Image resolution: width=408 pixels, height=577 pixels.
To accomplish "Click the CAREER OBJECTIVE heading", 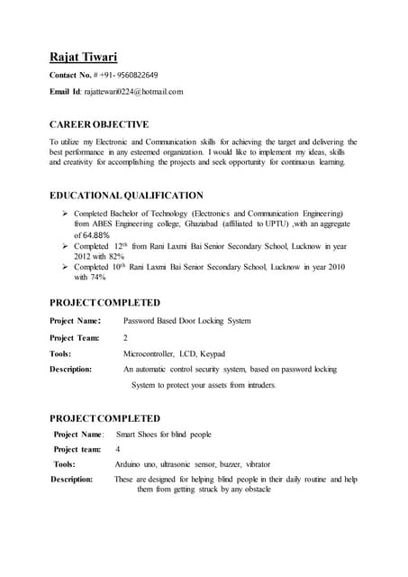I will (99, 124).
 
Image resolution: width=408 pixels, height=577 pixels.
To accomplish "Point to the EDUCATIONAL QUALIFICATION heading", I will (126, 195).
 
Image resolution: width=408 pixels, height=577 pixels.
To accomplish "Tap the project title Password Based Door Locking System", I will (186, 321).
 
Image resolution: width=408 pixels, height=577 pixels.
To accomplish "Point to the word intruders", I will (255, 385).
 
